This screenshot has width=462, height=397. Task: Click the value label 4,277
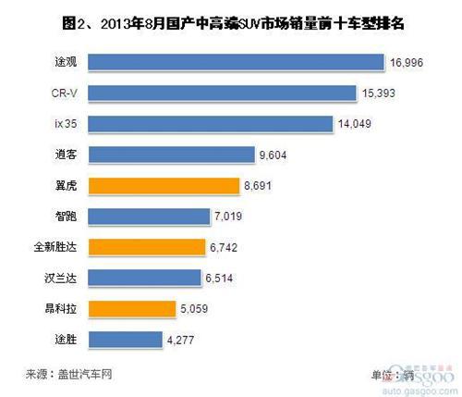(x=185, y=339)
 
